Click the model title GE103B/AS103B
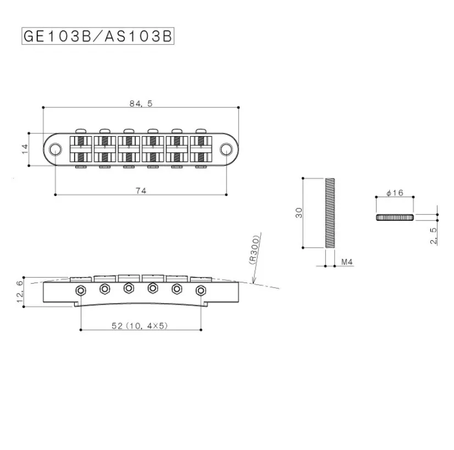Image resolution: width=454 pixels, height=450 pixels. [97, 36]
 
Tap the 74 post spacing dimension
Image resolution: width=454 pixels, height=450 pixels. [141, 190]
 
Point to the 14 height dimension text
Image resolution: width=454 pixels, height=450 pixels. [25, 149]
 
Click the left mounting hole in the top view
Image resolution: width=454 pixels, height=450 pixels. [56, 149]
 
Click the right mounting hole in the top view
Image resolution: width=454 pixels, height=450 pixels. [225, 149]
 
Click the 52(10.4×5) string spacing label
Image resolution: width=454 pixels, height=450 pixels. [140, 326]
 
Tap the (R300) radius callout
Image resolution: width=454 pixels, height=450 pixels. [256, 251]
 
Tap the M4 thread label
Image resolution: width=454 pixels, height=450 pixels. [347, 262]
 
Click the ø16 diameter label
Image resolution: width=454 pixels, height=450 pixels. [395, 193]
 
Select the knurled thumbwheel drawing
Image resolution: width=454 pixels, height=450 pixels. [395, 217]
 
